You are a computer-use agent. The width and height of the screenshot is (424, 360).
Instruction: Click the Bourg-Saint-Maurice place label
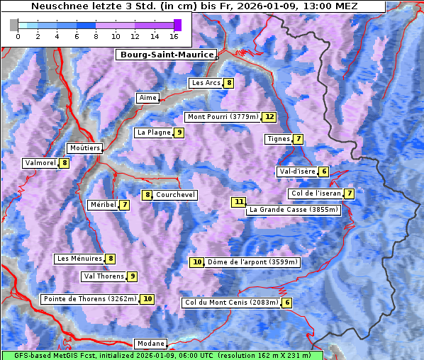[x=166, y=55]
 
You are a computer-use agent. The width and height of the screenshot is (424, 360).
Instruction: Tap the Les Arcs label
[x=206, y=83]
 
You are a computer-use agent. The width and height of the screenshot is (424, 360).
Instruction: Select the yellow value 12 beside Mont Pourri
[x=269, y=117]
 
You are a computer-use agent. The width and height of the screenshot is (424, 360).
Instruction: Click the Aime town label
[x=147, y=98]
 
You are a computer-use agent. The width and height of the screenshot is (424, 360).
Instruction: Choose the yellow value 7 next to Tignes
[x=299, y=139]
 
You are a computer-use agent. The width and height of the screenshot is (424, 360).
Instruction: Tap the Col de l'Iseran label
[x=316, y=193]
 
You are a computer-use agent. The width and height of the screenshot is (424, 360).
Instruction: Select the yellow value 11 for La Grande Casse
[x=239, y=202]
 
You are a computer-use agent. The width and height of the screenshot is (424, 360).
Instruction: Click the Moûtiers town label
[x=84, y=148]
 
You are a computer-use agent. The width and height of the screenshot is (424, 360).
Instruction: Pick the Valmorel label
[x=40, y=163]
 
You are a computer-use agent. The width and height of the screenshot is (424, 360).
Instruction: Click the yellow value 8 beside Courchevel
[x=147, y=195]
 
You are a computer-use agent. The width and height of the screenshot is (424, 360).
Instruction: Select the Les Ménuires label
[x=79, y=259]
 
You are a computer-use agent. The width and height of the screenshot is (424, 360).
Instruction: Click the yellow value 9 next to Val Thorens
[x=132, y=276]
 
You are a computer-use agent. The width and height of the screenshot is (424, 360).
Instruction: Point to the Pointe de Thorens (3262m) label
[x=89, y=299]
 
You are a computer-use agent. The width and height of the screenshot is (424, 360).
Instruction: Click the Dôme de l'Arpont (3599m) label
[x=252, y=262]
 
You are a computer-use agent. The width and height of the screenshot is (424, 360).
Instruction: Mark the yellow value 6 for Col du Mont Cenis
[x=286, y=303]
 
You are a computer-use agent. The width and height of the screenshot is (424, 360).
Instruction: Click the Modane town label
[x=151, y=344]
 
